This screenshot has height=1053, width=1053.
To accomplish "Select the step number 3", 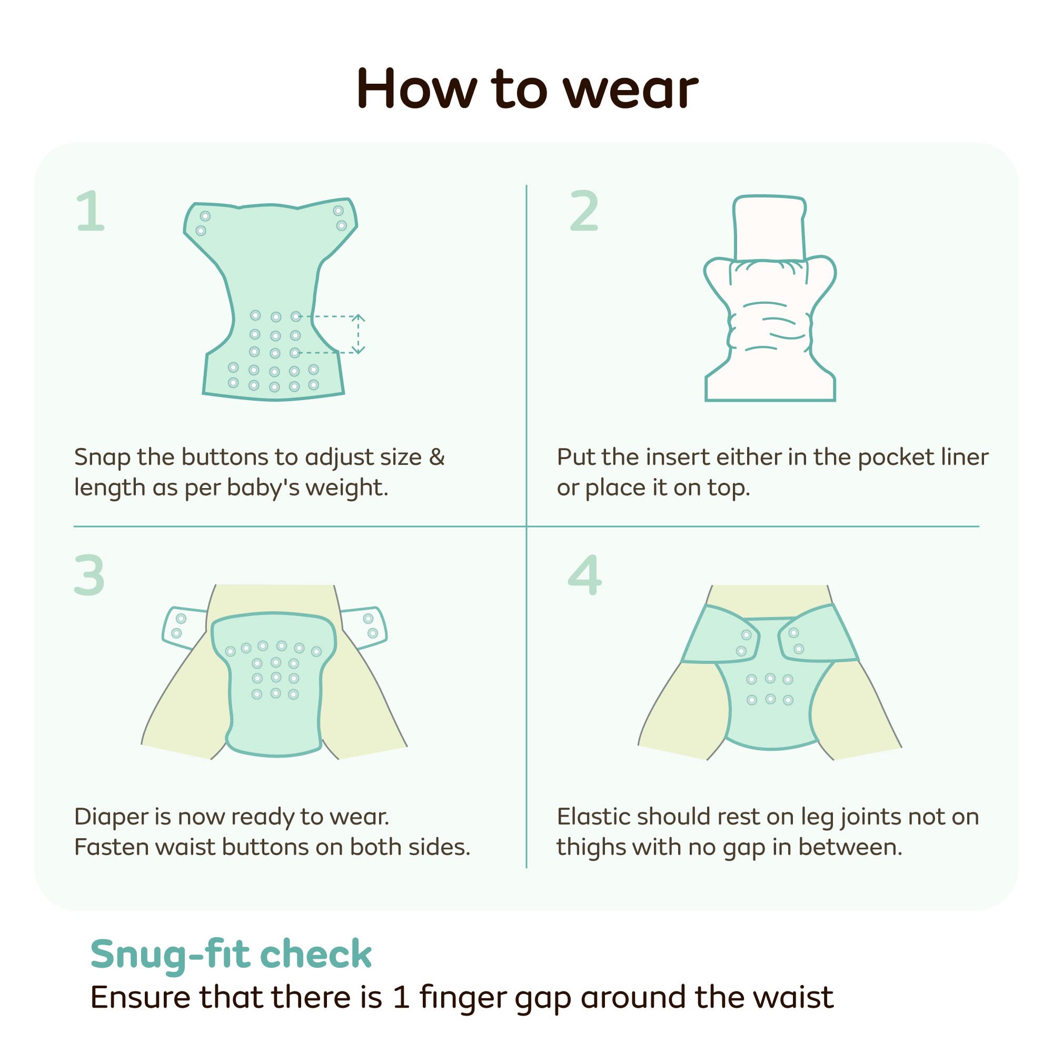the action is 90,575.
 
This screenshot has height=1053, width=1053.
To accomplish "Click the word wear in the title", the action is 631,90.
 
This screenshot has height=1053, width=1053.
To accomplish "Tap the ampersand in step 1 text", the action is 437,456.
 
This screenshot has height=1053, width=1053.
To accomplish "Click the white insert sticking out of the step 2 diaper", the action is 769,228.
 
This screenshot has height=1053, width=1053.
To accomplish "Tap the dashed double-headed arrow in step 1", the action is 358,334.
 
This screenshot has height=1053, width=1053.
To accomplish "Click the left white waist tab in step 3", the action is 184,627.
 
